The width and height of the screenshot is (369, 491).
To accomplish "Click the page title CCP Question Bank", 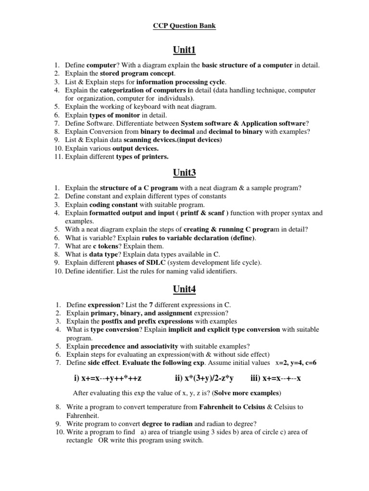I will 184,26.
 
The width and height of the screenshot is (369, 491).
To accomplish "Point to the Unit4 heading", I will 184,289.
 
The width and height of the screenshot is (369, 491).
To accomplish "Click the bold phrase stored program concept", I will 137,73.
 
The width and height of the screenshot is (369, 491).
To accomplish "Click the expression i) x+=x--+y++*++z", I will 108,379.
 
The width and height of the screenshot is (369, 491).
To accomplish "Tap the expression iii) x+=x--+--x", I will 276,379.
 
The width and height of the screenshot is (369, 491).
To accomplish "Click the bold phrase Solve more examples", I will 248,393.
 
